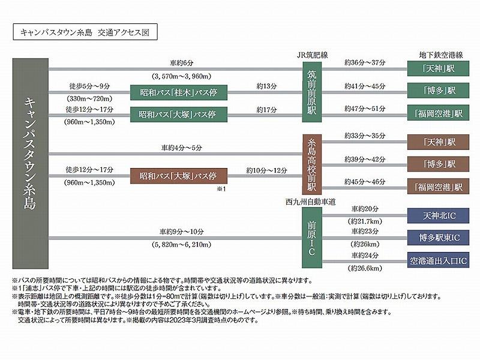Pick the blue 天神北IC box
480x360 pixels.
click(438, 215)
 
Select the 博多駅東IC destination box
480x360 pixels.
click(438, 237)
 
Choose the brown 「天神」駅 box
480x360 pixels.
click(438, 142)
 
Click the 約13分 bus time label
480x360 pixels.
click(265, 86)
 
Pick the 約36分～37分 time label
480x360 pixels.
click(366, 63)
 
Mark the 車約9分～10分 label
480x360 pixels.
click(182, 231)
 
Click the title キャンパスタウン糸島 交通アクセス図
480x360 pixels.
click(84, 32)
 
